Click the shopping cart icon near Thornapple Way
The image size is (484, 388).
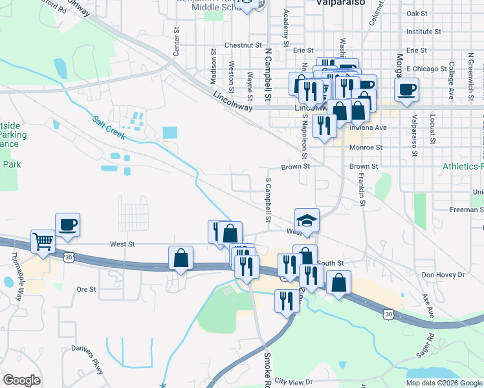coord(43,242)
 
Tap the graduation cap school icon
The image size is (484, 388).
coord(307,219)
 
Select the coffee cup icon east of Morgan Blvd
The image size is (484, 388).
coord(406,89)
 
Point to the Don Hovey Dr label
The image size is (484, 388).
coord(443,275)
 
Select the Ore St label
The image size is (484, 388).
coord(86,289)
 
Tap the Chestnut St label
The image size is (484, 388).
coord(242,45)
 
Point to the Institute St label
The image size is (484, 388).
coord(423,31)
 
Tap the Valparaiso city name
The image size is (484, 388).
coord(342,3)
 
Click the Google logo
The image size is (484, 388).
coord(21,380)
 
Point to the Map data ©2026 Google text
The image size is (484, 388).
coord(443,383)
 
